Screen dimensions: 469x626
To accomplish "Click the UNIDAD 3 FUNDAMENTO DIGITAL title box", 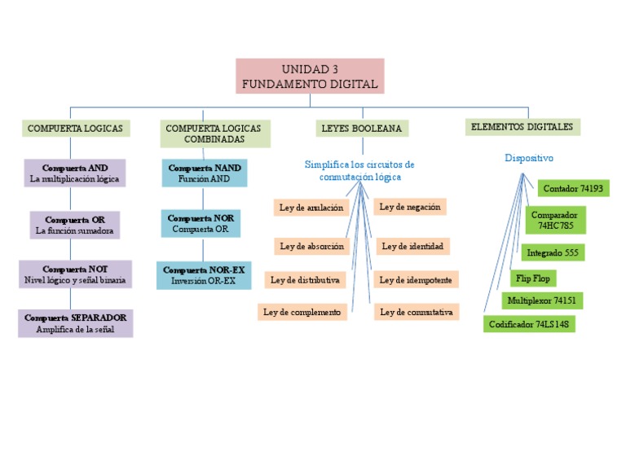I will [310, 76].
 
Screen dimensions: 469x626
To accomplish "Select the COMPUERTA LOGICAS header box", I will [75, 129].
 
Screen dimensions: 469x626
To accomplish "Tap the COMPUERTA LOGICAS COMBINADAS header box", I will [213, 134].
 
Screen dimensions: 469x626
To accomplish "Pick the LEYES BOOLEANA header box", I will [362, 129].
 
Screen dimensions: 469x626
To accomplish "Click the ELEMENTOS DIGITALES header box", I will [522, 126].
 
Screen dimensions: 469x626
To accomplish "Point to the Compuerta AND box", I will [75, 173].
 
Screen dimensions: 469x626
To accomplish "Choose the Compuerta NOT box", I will [75, 274].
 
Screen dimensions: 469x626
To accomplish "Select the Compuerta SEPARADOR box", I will [75, 322].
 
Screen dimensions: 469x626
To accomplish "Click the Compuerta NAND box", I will [204, 173].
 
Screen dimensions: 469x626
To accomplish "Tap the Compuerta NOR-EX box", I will [204, 275].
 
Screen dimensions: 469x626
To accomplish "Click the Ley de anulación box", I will [311, 208].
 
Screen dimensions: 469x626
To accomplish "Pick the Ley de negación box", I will [410, 207].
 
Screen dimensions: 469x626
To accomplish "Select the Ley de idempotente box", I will [416, 280].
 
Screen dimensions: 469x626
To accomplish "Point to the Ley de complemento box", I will [302, 312].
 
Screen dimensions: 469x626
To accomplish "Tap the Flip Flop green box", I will [533, 278].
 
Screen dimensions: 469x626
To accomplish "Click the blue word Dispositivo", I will [529, 158].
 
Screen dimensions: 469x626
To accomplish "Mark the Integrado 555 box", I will [553, 252].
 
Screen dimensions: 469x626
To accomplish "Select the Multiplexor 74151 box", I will [542, 300].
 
